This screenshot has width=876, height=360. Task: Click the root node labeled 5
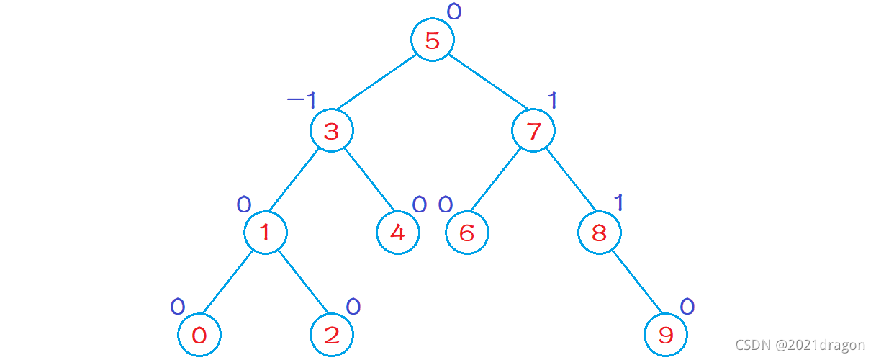[432, 40]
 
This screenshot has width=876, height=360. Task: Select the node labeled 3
[331, 132]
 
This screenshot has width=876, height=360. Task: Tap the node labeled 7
[533, 132]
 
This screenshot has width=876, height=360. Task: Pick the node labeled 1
[265, 233]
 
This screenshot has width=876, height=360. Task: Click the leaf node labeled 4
[397, 233]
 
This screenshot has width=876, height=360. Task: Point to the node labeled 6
[466, 233]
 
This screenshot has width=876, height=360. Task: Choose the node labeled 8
[600, 233]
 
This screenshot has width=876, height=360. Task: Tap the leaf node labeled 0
[199, 335]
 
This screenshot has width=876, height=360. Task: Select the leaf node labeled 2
[331, 335]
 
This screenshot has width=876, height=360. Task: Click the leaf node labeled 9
[666, 335]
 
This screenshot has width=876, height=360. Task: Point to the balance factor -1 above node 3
[302, 100]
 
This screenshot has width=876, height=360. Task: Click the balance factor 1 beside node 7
[552, 100]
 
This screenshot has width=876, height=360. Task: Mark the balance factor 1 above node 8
[618, 203]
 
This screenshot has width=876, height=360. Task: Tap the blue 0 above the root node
[453, 11]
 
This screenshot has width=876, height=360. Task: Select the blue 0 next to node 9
[687, 307]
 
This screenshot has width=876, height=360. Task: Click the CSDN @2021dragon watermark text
[800, 345]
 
